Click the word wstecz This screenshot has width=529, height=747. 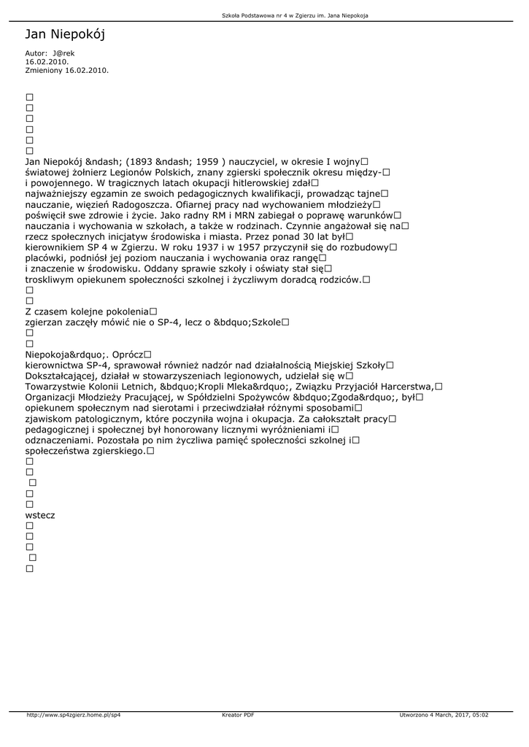pyautogui.click(x=40, y=515)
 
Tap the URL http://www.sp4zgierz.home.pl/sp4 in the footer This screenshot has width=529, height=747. pyautogui.click(x=74, y=715)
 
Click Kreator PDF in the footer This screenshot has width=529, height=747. pyautogui.click(x=238, y=715)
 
